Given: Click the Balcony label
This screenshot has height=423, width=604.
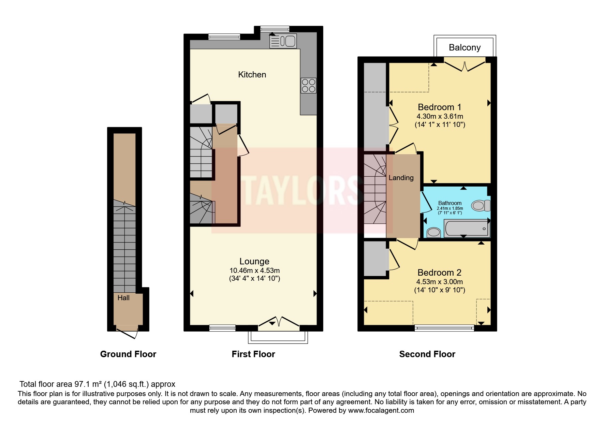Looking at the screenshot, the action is point(465,47).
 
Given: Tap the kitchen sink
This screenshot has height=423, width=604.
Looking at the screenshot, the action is point(283,41).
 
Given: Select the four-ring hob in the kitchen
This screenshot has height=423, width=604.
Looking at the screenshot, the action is point(308,86).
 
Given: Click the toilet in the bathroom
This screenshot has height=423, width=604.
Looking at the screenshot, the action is point(481,205).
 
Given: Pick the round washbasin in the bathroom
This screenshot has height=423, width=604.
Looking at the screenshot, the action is point(434,232).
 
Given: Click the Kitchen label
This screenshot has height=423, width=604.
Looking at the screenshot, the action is point(252,74).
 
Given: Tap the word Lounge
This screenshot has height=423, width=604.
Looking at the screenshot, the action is point(254,262).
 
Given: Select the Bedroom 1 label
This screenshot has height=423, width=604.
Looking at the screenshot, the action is point(440,107).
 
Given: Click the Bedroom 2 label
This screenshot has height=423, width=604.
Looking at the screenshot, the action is point(440,273).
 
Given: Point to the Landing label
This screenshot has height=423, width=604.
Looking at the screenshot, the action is point(401,178).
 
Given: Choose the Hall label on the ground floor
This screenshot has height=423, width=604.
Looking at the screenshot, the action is point(123,298).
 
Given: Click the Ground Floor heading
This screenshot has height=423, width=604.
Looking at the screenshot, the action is point(128,354).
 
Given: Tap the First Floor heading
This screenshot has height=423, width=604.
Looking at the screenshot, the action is point(253,354).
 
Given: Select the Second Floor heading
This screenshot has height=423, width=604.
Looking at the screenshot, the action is point(427,354).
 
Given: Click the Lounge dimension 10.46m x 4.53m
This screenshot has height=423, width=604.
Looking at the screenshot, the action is point(254,271).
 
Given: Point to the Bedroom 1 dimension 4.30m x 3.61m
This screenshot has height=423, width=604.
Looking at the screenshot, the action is point(440,116).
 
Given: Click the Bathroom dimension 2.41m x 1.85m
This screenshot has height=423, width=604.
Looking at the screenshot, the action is point(450,208).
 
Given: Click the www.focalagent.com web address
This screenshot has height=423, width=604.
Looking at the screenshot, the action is point(381,410).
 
